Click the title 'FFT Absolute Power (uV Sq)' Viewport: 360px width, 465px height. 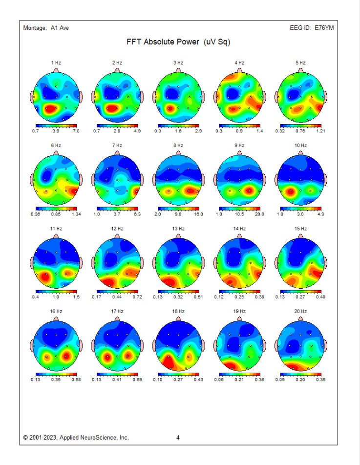tap(178, 42)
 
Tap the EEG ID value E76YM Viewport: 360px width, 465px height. tap(325, 28)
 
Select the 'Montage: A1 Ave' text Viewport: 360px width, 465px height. tap(46, 28)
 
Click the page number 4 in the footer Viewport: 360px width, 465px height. tap(178, 438)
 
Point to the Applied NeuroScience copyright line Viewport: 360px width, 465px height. tap(76, 438)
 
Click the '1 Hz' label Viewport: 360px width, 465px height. tap(56, 63)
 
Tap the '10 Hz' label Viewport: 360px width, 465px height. tap(300, 146)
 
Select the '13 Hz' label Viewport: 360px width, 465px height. tap(178, 229)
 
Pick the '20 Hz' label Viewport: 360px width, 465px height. tap(300, 311)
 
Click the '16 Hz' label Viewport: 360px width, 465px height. tap(56, 311)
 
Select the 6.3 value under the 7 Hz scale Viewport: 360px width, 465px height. tap(136, 214)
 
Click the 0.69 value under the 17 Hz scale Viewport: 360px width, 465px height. tap(136, 380)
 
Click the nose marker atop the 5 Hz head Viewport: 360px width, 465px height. tap(300, 70)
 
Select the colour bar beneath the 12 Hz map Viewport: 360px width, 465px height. tap(117, 292)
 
